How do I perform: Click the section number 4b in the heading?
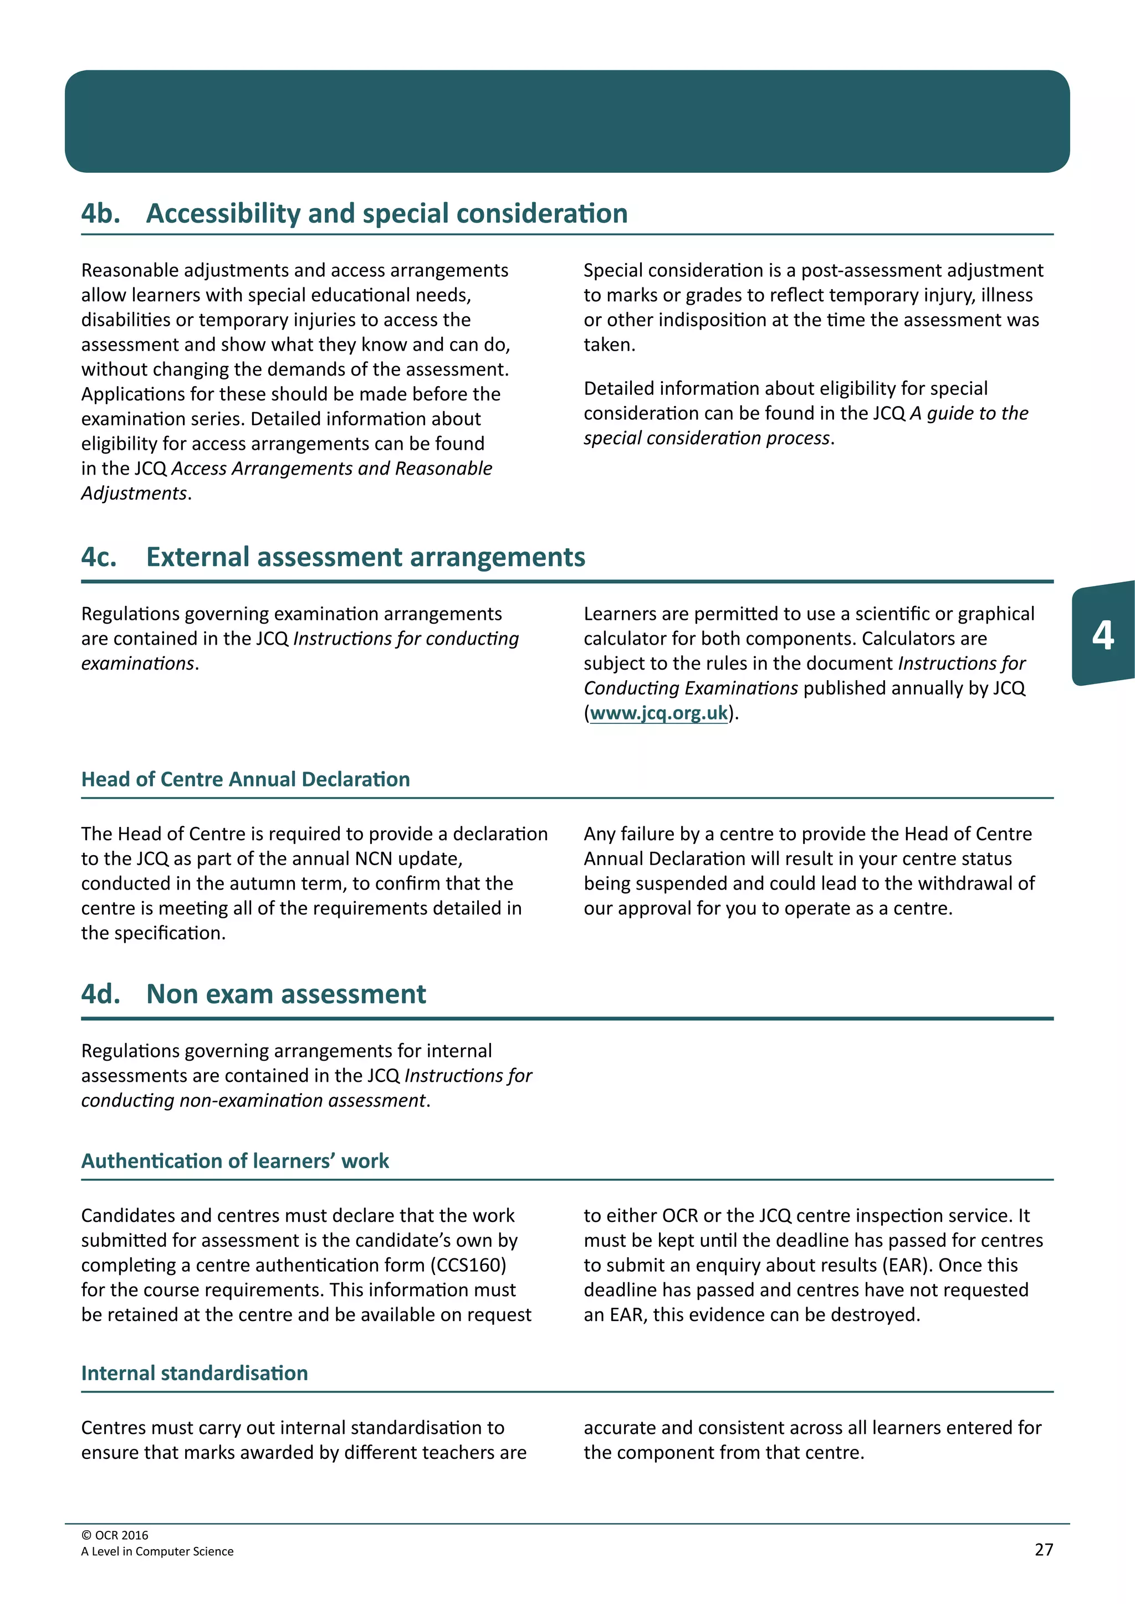100,214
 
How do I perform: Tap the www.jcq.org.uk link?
658,713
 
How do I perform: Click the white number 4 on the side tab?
1102,635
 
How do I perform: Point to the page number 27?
1043,1550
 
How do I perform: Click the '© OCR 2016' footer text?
115,1535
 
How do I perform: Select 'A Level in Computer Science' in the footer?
157,1551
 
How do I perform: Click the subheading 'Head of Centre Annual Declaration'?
246,780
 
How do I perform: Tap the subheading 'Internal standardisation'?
195,1374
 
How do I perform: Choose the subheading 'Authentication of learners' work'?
235,1161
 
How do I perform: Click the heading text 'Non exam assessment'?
285,994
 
